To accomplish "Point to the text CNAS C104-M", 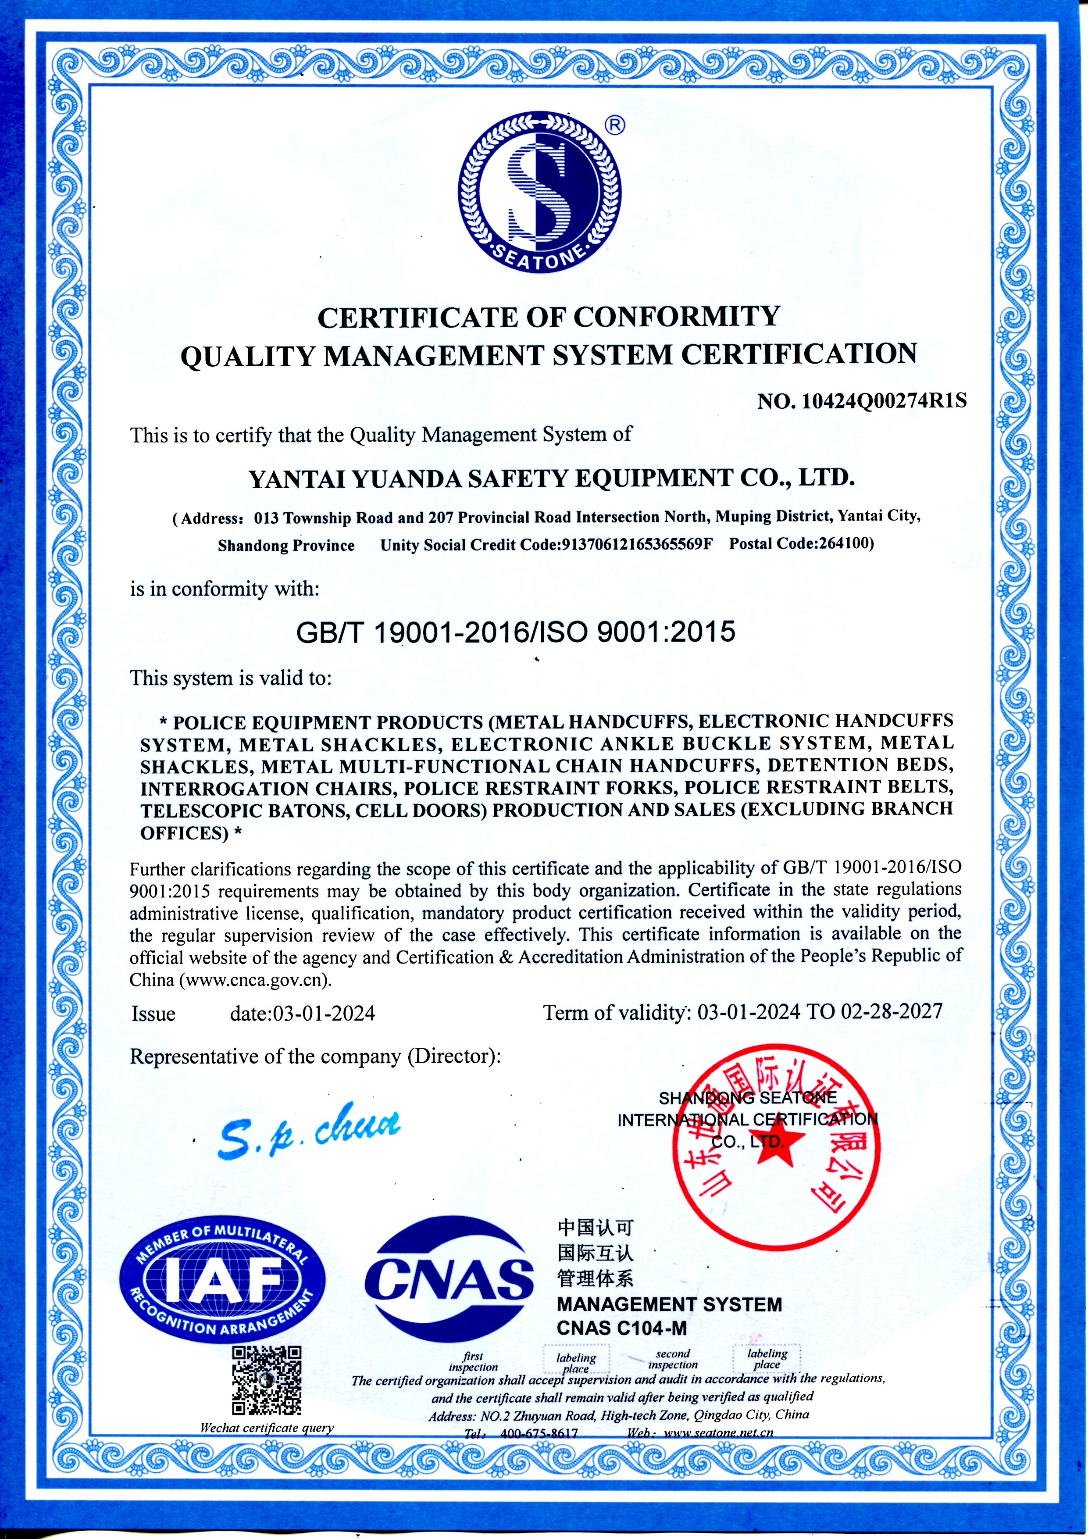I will [x=621, y=1328].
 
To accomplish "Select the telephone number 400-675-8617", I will [x=539, y=1433].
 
